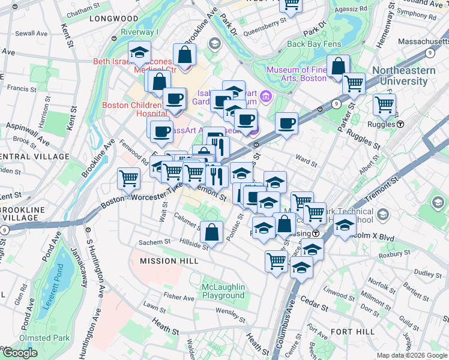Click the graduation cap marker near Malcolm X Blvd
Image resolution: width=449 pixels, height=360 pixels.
(345, 226)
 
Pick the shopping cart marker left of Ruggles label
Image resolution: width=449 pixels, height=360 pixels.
(384, 105)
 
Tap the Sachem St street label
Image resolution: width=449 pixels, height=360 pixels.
(155, 242)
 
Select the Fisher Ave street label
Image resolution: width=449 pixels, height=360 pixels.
(178, 296)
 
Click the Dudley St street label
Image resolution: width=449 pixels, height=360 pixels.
(427, 274)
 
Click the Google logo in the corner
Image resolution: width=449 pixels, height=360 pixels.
(20, 353)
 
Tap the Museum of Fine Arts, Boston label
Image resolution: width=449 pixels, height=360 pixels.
(297, 74)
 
